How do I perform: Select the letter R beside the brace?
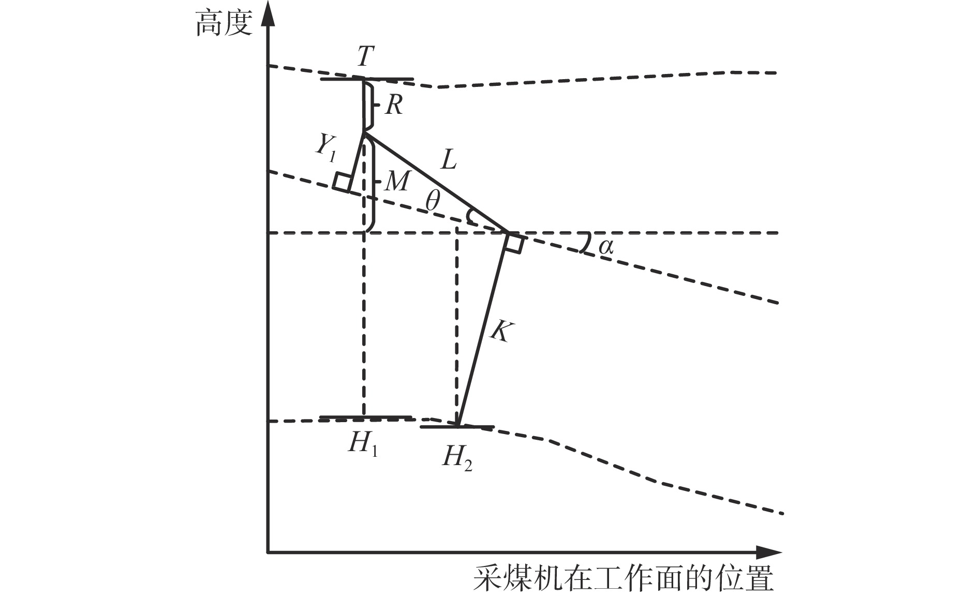[x=394, y=105]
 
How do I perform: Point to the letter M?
[x=397, y=181]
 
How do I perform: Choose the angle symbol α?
[x=606, y=247]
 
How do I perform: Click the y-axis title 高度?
[x=224, y=23]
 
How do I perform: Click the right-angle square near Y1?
[x=342, y=182]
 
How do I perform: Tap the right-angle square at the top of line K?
[x=514, y=244]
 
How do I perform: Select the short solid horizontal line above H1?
[x=365, y=416]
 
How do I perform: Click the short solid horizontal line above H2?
[x=457, y=427]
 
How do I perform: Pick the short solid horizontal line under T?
[x=367, y=79]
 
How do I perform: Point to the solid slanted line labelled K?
[x=482, y=330]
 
